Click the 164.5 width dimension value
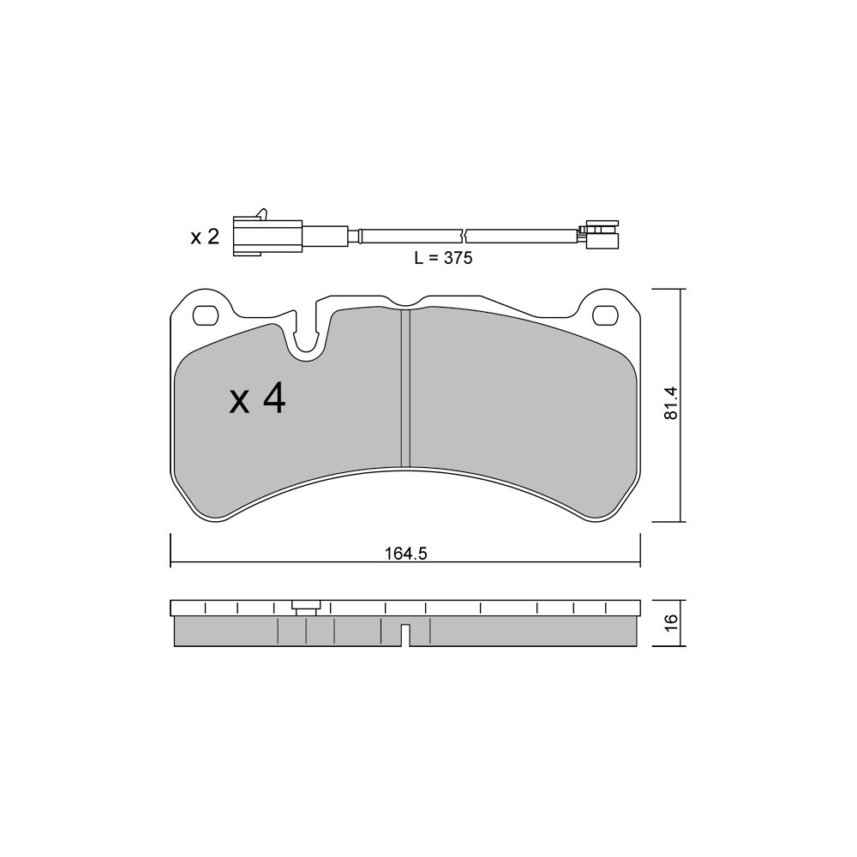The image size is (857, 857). coord(405,554)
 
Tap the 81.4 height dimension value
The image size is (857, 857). coord(671,404)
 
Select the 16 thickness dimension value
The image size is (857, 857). coord(671,622)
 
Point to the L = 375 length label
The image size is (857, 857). coord(443,257)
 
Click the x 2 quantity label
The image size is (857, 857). coord(205,237)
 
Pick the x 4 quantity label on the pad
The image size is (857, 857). coord(257,400)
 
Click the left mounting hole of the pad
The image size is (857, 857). coord(206,315)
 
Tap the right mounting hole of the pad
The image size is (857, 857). coord(605,315)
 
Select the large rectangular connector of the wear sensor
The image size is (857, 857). coord(267,237)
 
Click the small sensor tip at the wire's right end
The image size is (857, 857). coord(602,234)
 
